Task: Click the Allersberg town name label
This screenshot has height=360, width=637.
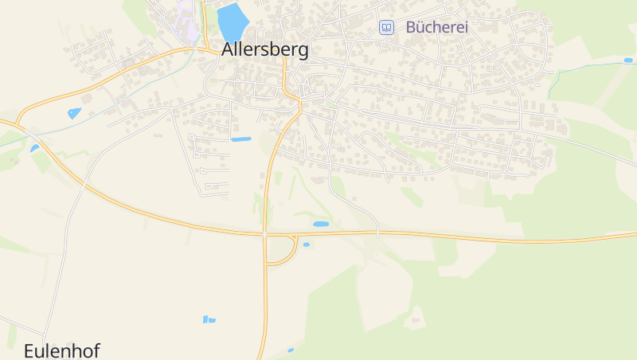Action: [x=264, y=49]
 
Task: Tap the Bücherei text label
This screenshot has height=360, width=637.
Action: [x=436, y=27]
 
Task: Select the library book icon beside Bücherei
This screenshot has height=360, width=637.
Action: [x=386, y=27]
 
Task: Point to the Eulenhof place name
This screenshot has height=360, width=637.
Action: [x=61, y=350]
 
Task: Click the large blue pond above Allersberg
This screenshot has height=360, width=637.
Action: [x=232, y=22]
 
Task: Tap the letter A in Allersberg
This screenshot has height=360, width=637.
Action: [x=229, y=49]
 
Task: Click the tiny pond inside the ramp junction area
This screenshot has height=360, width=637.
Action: [x=306, y=245]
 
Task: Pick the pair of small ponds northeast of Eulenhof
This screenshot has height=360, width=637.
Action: [x=209, y=319]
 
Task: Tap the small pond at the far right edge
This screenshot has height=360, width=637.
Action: [x=628, y=60]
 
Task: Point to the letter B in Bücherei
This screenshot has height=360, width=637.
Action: [x=411, y=27]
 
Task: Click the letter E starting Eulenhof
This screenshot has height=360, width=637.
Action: [x=29, y=350]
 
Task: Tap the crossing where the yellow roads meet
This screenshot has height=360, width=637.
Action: [x=264, y=235]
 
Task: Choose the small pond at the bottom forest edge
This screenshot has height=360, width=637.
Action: [x=291, y=350]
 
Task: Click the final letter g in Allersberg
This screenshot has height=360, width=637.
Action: [x=302, y=52]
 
